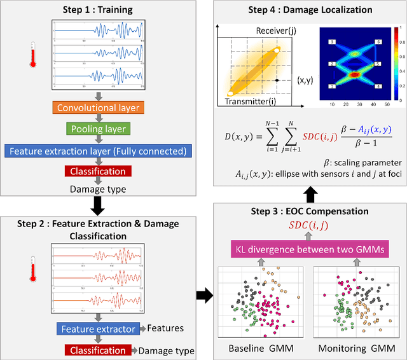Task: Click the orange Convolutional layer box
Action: [98, 107]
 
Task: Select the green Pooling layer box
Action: [98, 129]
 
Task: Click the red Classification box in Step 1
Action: [98, 171]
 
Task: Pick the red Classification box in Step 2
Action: [98, 350]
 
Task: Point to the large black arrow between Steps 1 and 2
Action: [98, 203]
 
